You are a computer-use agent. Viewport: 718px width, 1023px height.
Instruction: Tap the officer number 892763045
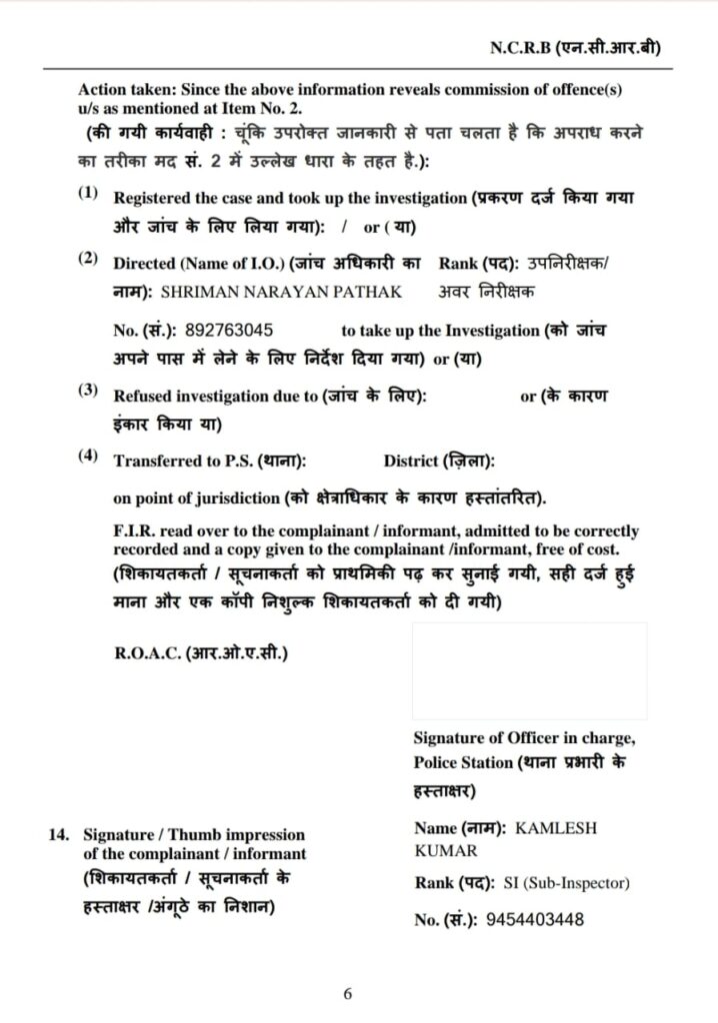(x=229, y=330)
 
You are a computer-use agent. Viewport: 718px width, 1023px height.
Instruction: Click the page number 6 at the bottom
(x=348, y=994)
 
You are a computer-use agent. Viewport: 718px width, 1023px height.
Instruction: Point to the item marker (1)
(x=88, y=192)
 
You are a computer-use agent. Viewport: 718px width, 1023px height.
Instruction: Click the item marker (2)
(x=88, y=259)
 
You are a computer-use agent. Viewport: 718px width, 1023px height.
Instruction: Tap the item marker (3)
(x=88, y=391)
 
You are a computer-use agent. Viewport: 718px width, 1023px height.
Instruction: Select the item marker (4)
(x=88, y=456)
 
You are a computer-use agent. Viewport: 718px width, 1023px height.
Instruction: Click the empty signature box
(x=529, y=670)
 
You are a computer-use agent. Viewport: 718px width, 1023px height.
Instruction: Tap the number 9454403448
(x=534, y=920)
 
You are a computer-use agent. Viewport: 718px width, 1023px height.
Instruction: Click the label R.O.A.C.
(x=147, y=654)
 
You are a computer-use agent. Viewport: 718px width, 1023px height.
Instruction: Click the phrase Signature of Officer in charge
(x=524, y=738)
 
